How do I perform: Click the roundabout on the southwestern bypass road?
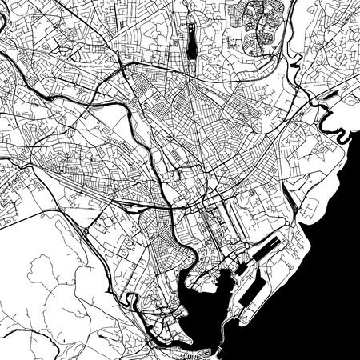[86, 231]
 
